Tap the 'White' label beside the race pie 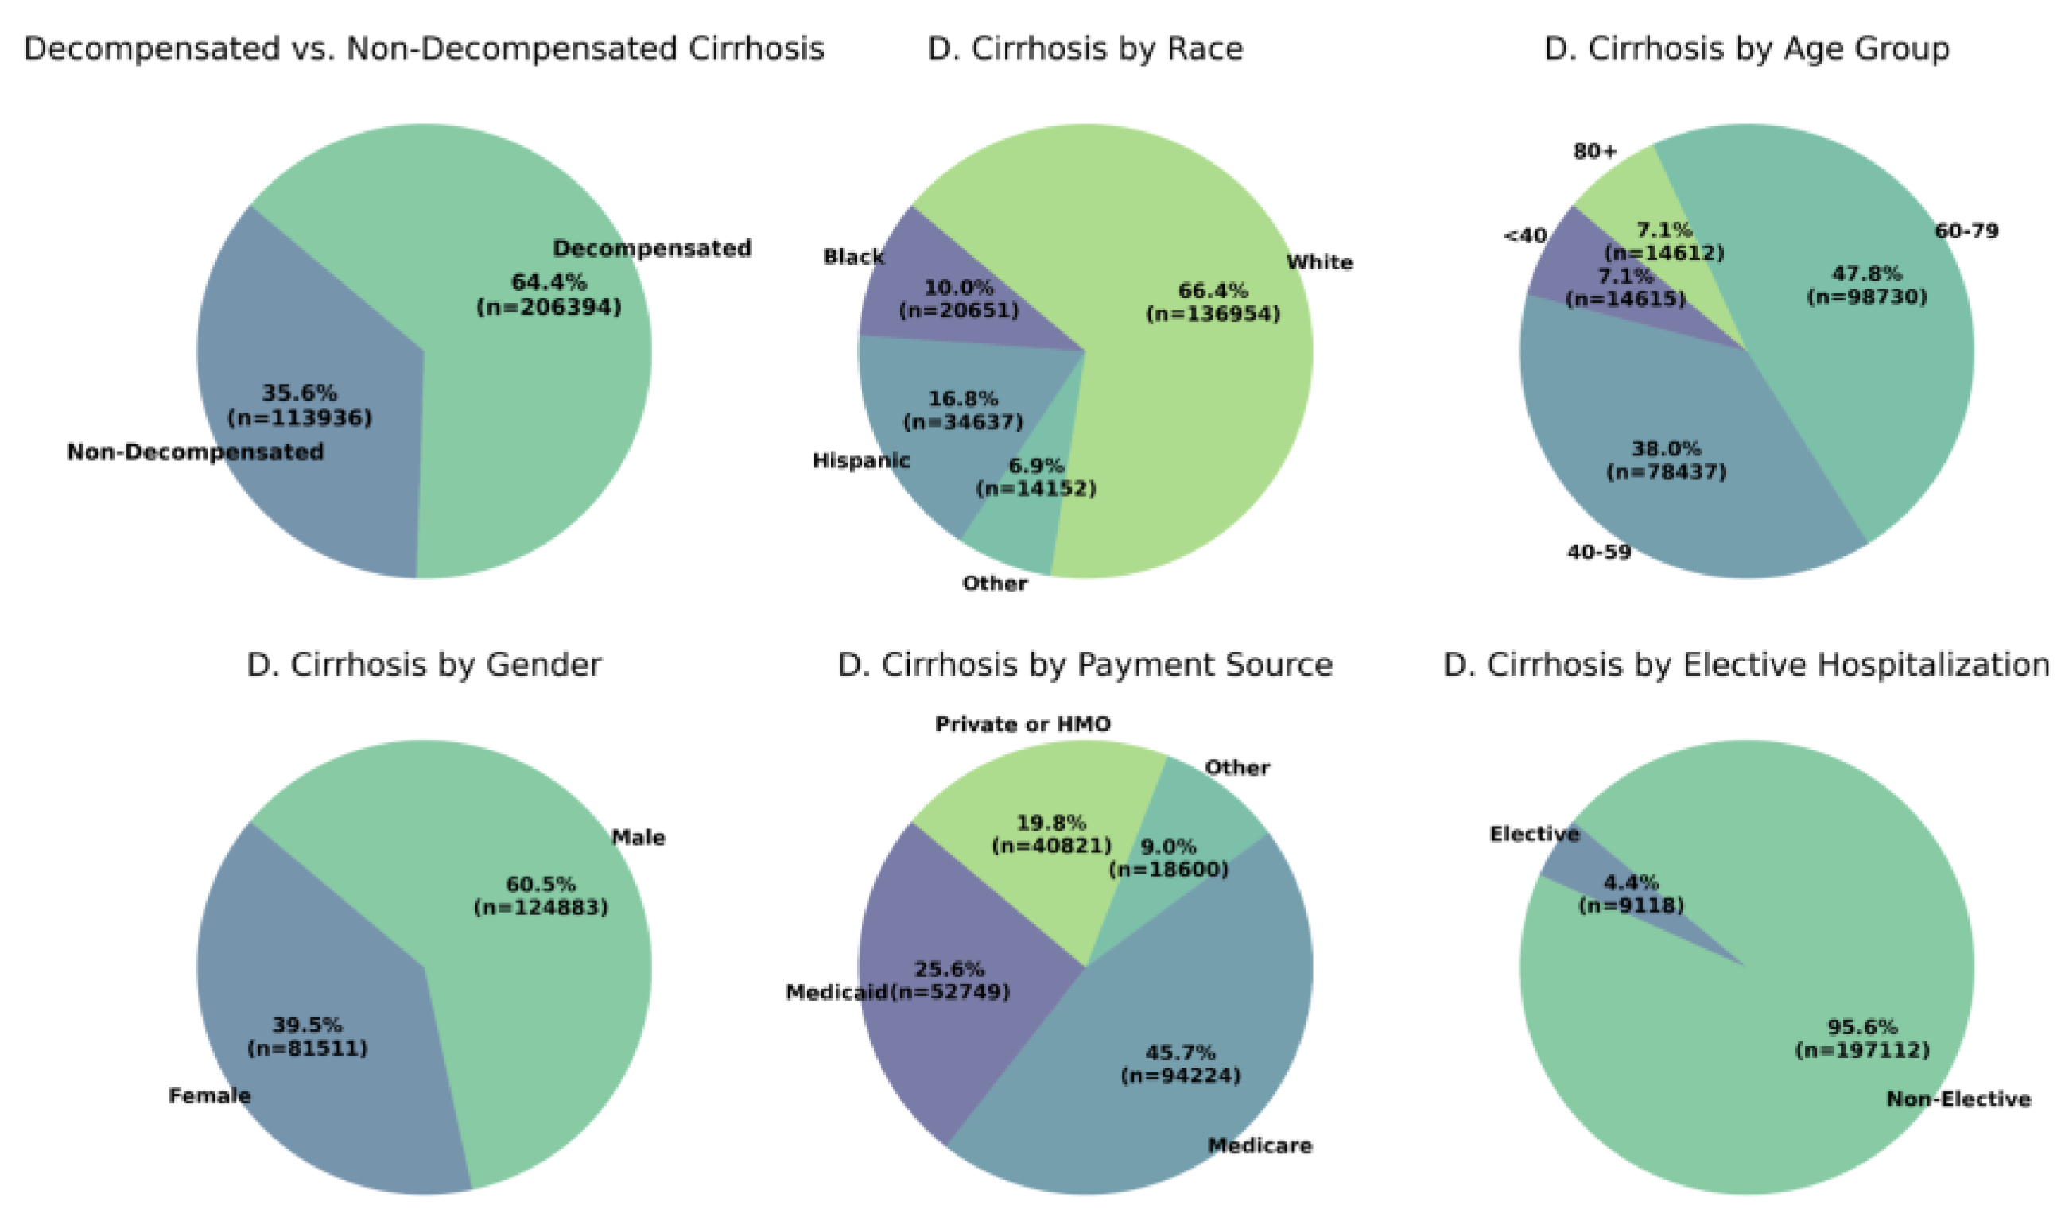[1318, 262]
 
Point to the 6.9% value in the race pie [1036, 466]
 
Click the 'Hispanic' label [860, 461]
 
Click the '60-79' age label [1966, 231]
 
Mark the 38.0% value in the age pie [1666, 448]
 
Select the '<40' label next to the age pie [1524, 236]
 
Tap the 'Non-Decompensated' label [195, 452]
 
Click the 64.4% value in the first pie [549, 282]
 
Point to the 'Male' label [638, 837]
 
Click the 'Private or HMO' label [1023, 724]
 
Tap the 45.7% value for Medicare [1180, 1052]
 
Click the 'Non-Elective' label [1958, 1099]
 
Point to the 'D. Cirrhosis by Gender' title [424, 665]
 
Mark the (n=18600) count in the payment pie [1169, 870]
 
